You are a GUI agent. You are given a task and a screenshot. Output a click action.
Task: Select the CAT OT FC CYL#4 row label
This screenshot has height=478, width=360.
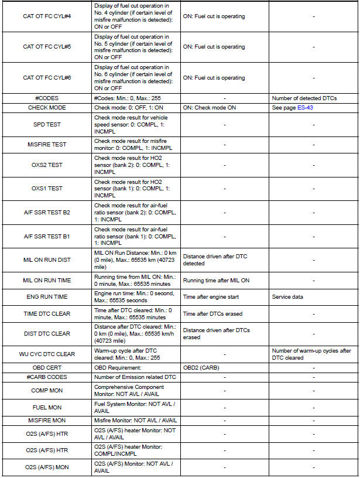[46, 16]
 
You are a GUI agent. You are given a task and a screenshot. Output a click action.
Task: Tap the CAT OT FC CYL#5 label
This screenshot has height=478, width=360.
[46, 47]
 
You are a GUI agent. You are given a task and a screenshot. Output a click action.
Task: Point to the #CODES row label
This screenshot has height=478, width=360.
[46, 98]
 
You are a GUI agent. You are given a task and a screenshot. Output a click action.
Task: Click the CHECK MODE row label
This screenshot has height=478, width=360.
[46, 108]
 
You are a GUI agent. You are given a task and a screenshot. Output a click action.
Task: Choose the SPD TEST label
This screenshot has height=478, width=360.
[46, 125]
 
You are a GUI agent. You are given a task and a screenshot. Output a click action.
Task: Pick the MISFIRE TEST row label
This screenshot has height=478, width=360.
[46, 145]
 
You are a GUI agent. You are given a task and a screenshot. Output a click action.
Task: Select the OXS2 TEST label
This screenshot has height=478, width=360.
[46, 165]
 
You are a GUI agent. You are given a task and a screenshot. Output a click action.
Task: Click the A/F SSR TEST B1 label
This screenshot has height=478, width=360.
[46, 236]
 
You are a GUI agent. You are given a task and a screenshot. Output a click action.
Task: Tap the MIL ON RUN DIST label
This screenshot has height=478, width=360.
[46, 260]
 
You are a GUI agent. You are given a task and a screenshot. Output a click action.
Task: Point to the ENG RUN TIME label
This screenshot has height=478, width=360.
[46, 297]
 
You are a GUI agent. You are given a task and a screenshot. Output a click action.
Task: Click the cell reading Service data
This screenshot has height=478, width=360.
[287, 297]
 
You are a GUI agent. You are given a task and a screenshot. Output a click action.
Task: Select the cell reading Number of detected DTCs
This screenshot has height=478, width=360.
[304, 98]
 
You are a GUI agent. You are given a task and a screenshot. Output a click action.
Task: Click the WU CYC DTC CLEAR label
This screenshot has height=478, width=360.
[46, 354]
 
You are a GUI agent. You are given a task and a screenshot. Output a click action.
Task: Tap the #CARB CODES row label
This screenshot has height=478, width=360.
[46, 377]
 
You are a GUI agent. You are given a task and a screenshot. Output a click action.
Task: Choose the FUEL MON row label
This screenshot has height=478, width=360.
[46, 407]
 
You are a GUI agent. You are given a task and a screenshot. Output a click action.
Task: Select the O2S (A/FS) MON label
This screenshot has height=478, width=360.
[46, 467]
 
